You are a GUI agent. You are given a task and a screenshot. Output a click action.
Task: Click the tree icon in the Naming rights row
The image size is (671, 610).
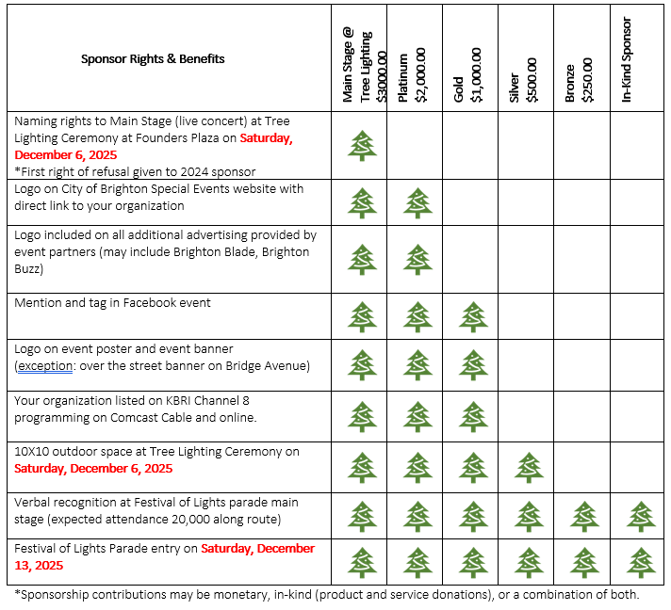(x=361, y=145)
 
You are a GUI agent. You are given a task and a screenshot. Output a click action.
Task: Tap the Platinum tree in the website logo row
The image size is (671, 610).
(x=417, y=202)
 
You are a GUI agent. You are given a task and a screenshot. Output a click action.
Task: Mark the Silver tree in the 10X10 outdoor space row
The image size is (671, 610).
(x=529, y=466)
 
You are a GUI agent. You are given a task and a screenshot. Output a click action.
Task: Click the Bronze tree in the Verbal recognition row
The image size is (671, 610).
(x=585, y=516)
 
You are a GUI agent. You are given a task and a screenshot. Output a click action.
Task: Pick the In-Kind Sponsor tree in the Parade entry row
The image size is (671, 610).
(x=641, y=562)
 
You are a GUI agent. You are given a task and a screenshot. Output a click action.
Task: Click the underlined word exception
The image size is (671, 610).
(x=44, y=365)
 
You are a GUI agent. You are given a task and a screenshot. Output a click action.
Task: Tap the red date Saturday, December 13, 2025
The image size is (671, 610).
(x=257, y=548)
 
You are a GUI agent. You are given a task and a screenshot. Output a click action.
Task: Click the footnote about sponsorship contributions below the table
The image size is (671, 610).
(x=326, y=594)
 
